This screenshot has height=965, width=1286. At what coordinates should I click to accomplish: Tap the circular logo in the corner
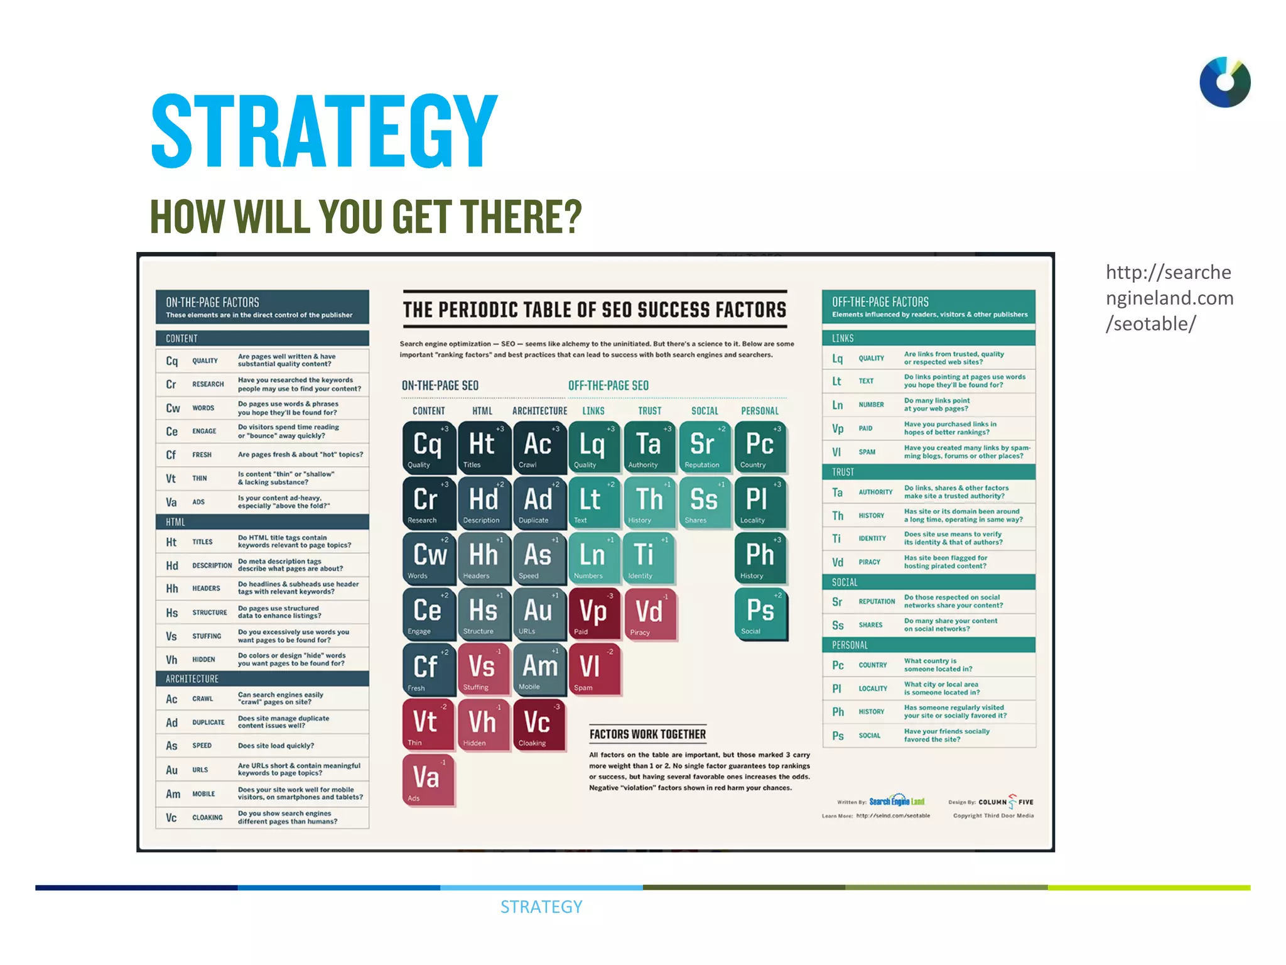point(1224,82)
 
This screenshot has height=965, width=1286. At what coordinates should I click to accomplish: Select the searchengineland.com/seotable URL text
point(1169,298)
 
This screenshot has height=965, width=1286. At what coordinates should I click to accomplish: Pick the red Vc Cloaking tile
point(539,724)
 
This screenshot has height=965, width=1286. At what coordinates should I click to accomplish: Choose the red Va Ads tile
point(428,780)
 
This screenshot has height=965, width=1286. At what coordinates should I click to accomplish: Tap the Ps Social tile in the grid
point(760,613)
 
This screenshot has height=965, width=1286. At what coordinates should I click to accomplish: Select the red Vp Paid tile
point(593,613)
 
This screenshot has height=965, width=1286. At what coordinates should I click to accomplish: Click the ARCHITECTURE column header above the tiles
point(539,411)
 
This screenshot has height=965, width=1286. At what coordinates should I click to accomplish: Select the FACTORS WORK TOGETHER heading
point(647,734)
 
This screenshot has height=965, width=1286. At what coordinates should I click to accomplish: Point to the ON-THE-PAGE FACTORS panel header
point(262,307)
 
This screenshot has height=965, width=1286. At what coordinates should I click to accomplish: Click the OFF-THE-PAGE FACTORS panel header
point(928,307)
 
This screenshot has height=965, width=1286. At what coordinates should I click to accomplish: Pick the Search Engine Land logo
point(896,801)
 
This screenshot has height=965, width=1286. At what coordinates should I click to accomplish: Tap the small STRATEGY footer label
point(541,907)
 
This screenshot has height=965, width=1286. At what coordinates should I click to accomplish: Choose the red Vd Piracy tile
point(649,613)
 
